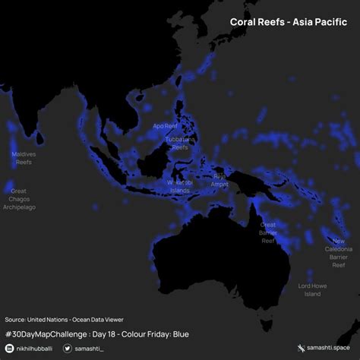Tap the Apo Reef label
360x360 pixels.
[165, 126]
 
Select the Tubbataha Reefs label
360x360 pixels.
[180, 144]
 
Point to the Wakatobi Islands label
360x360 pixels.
[179, 186]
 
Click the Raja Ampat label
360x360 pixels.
[219, 179]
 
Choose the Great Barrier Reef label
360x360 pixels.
[268, 232]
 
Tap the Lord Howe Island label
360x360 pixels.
[313, 289]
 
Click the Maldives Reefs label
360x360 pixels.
[24, 158]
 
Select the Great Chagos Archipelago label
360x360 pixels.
[19, 199]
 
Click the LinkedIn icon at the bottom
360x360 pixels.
[9, 348]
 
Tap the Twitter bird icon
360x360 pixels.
[68, 348]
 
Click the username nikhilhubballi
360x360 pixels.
[35, 348]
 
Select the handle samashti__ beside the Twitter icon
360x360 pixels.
[92, 348]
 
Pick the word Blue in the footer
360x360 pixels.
[180, 333]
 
